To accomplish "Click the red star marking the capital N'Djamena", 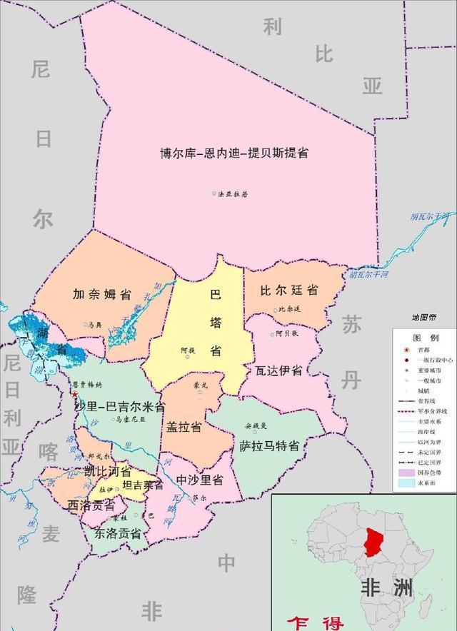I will (75, 394).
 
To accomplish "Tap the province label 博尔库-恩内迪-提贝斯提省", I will (234, 153).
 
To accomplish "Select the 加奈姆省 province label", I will (102, 294).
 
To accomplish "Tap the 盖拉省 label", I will (184, 427).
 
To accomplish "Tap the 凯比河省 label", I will (106, 472).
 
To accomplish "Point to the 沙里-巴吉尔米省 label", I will (119, 407).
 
